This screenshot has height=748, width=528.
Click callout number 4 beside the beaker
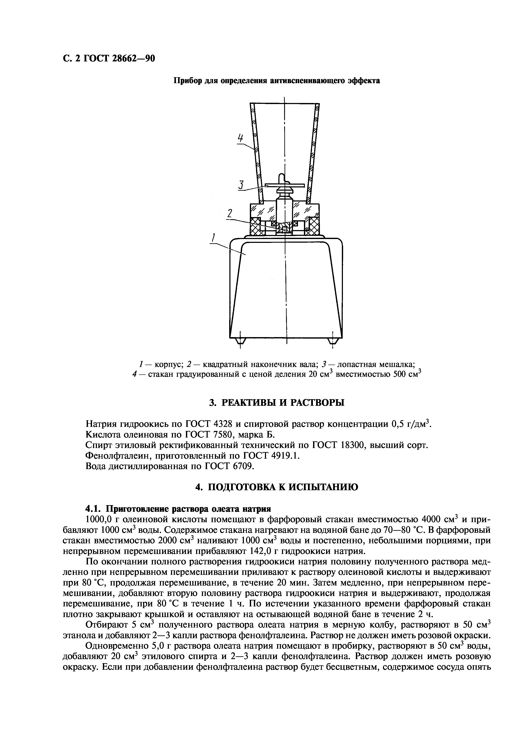240,138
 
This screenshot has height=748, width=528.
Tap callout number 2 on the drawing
230,214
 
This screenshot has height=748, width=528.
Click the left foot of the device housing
240,341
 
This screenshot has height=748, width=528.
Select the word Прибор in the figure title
187,80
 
